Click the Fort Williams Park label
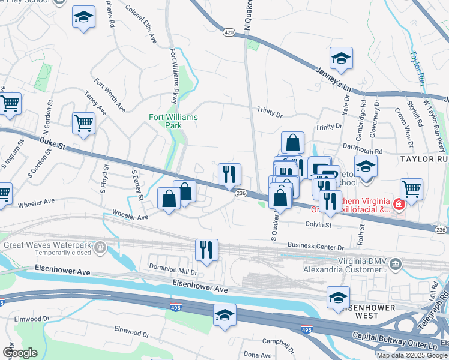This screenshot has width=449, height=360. tap(173, 121)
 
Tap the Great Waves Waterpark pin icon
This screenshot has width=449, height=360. tap(100, 245)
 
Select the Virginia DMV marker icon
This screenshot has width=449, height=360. tap(395, 263)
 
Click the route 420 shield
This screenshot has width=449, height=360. tap(229, 32)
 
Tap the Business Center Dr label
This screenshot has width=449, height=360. tap(315, 246)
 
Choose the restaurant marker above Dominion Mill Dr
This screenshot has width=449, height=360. tap(206, 250)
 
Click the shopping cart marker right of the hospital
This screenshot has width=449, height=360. tap(412, 189)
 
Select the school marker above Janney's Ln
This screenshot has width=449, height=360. tap(342, 58)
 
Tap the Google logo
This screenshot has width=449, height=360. tap(20, 353)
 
